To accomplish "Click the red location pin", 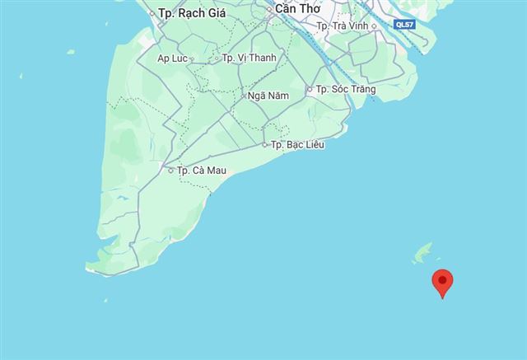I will [x=443, y=283].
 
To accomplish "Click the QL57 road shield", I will [x=405, y=26].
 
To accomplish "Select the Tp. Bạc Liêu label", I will [x=298, y=145].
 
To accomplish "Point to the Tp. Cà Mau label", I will [x=202, y=171].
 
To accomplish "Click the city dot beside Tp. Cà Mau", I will [x=170, y=171].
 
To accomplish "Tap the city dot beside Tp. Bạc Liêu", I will [x=265, y=145].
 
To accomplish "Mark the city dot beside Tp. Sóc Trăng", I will [x=310, y=89].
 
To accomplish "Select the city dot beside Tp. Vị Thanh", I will [x=216, y=58].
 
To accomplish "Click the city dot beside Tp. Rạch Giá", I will [x=152, y=13].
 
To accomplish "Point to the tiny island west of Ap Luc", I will [x=71, y=52].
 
